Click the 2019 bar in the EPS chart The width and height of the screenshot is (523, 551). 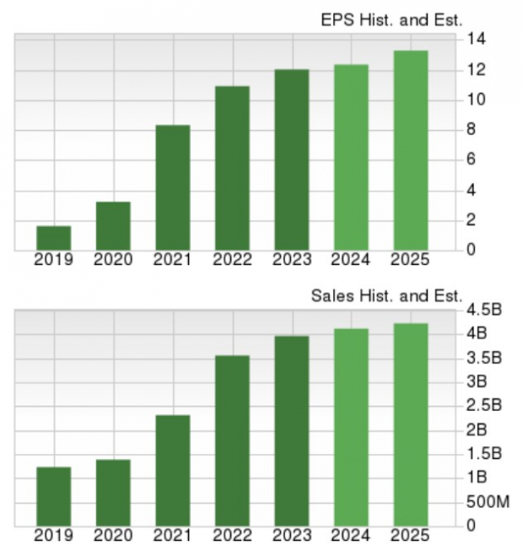53,238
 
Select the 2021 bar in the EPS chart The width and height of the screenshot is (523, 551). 172,187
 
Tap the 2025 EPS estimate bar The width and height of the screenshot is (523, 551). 410,150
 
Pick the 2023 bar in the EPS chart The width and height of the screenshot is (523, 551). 291,159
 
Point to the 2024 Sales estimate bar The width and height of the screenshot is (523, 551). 351,426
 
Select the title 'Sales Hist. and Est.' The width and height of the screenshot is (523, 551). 386,295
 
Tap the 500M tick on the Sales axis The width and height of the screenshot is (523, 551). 488,502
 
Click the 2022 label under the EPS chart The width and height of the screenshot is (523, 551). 232,260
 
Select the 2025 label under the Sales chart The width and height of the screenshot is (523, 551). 410,535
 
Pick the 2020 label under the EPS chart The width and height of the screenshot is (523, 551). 112,260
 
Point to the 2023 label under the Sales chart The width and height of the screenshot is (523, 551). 291,535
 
